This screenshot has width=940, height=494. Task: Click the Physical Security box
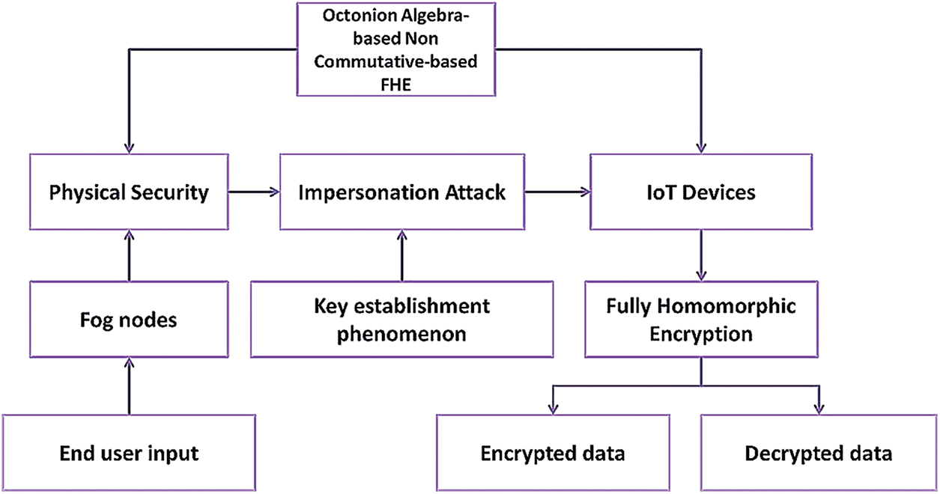pyautogui.click(x=129, y=192)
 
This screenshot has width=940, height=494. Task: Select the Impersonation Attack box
pyautogui.click(x=401, y=192)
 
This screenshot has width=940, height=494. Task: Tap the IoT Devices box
pyautogui.click(x=701, y=192)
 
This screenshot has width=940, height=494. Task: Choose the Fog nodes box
pyautogui.click(x=129, y=319)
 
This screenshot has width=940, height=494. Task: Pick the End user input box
pyautogui.click(x=129, y=452)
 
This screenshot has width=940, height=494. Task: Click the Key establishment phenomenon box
pyautogui.click(x=401, y=319)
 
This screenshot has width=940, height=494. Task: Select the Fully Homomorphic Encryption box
pyautogui.click(x=701, y=319)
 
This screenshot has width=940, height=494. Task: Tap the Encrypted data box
pyautogui.click(x=553, y=452)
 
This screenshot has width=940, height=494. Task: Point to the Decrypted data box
pyautogui.click(x=819, y=452)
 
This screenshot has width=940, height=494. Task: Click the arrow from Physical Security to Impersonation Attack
pyautogui.click(x=253, y=192)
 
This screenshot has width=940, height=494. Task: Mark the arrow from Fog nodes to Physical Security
pyautogui.click(x=129, y=256)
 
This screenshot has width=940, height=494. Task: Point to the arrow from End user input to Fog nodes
pyautogui.click(x=129, y=385)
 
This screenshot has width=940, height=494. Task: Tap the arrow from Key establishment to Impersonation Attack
pyautogui.click(x=401, y=256)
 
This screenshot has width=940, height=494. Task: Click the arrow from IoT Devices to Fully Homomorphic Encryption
pyautogui.click(x=701, y=256)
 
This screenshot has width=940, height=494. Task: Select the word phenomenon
pyautogui.click(x=401, y=333)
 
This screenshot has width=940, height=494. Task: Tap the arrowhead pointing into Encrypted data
pyautogui.click(x=553, y=408)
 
